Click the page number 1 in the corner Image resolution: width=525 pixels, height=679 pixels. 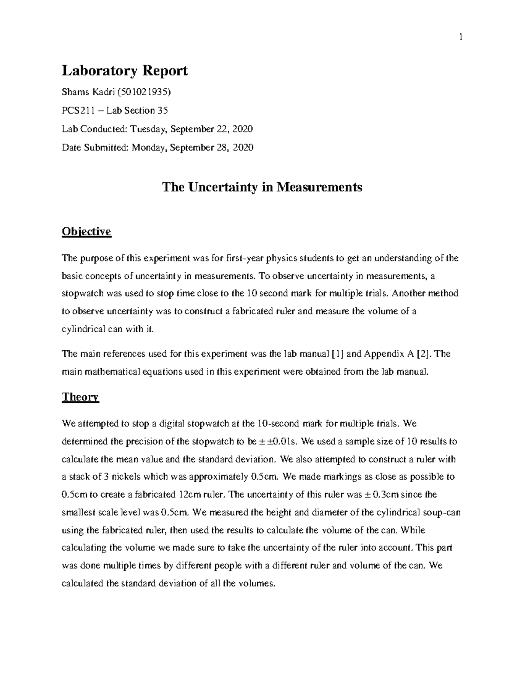coord(460,38)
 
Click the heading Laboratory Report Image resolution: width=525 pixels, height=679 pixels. coord(125,70)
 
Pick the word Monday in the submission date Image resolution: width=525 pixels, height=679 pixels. coord(149,148)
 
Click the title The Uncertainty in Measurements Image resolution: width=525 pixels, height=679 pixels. coord(262,187)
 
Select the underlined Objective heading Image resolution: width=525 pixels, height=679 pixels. coord(87,231)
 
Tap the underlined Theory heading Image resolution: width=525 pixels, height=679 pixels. coord(80,397)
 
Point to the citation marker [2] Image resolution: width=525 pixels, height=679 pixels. coord(423,354)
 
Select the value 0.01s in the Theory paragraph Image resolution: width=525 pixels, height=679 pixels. coord(284,441)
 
